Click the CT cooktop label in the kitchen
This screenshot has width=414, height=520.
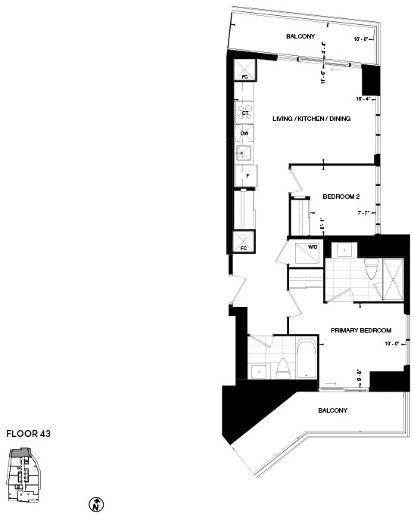[x=245, y=113]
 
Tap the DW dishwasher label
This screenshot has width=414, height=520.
[x=244, y=134]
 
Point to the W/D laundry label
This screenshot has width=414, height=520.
[x=312, y=247]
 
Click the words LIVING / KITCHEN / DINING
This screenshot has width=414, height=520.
[x=310, y=117]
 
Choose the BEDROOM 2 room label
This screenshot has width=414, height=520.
[x=340, y=197]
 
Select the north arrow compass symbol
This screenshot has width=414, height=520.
[x=96, y=504]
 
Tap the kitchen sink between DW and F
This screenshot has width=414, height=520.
[x=244, y=154]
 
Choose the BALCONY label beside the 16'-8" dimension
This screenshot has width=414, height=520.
[x=300, y=37]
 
